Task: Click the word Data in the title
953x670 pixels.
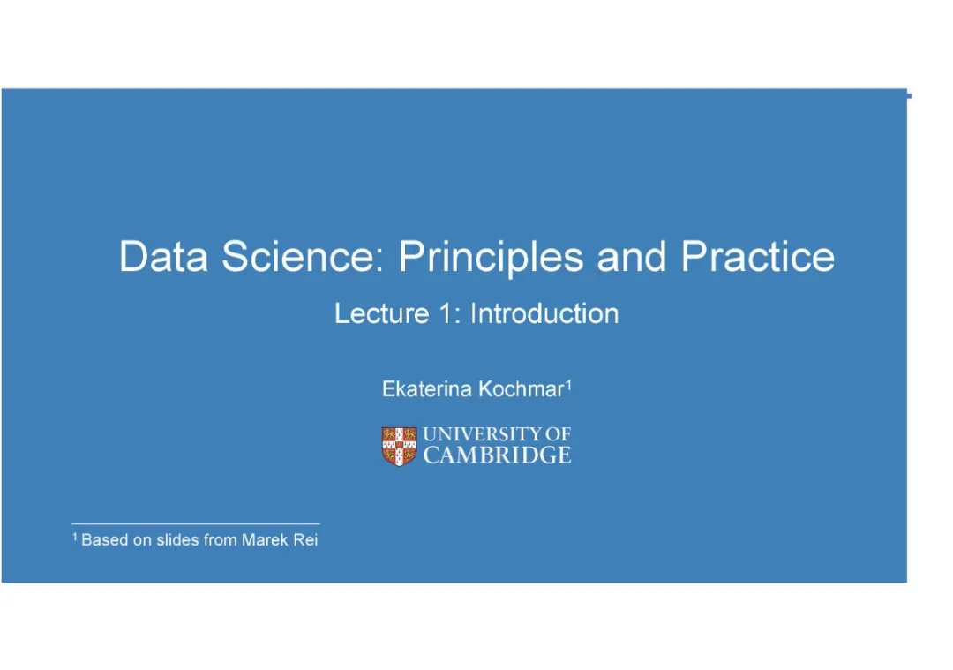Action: (x=163, y=256)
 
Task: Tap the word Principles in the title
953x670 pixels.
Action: (x=492, y=258)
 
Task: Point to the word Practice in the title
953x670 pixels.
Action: (x=758, y=256)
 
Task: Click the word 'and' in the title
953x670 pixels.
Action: (x=632, y=256)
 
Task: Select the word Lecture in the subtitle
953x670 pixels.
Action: (x=382, y=313)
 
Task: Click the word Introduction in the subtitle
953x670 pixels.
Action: (x=544, y=313)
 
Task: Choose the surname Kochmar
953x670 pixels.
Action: (x=522, y=389)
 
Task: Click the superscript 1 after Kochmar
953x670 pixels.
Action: (x=569, y=385)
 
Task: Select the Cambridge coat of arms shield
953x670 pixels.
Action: (x=399, y=447)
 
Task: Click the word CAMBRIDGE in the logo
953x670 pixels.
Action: (x=497, y=455)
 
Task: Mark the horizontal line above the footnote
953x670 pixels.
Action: (x=196, y=523)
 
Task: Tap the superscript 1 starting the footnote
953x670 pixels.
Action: (x=75, y=536)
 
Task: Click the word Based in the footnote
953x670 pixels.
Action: (x=104, y=540)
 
